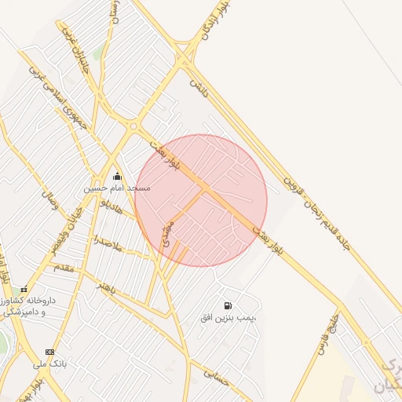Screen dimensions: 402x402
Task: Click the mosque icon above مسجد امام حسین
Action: [x=117, y=176]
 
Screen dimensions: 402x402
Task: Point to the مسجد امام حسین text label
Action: [x=117, y=188]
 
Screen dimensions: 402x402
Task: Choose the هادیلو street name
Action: [x=108, y=206]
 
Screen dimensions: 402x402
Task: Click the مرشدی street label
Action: [x=166, y=234]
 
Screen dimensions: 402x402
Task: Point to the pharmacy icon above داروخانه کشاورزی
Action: [x=24, y=290]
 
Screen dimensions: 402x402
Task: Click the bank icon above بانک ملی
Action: [x=50, y=352]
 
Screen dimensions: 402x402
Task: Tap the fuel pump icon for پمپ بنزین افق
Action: [x=228, y=305]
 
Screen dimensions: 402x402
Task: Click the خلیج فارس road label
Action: [x=328, y=334]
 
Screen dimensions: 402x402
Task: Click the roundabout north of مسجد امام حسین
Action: [x=134, y=126]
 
